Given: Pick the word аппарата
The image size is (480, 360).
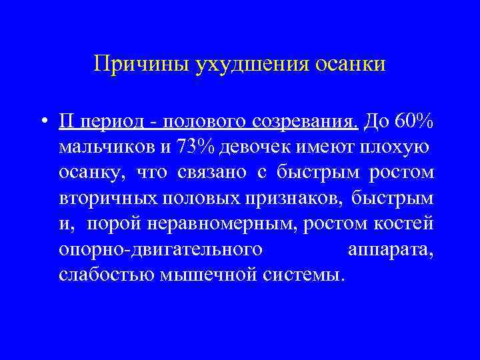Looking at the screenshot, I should [391, 249].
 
